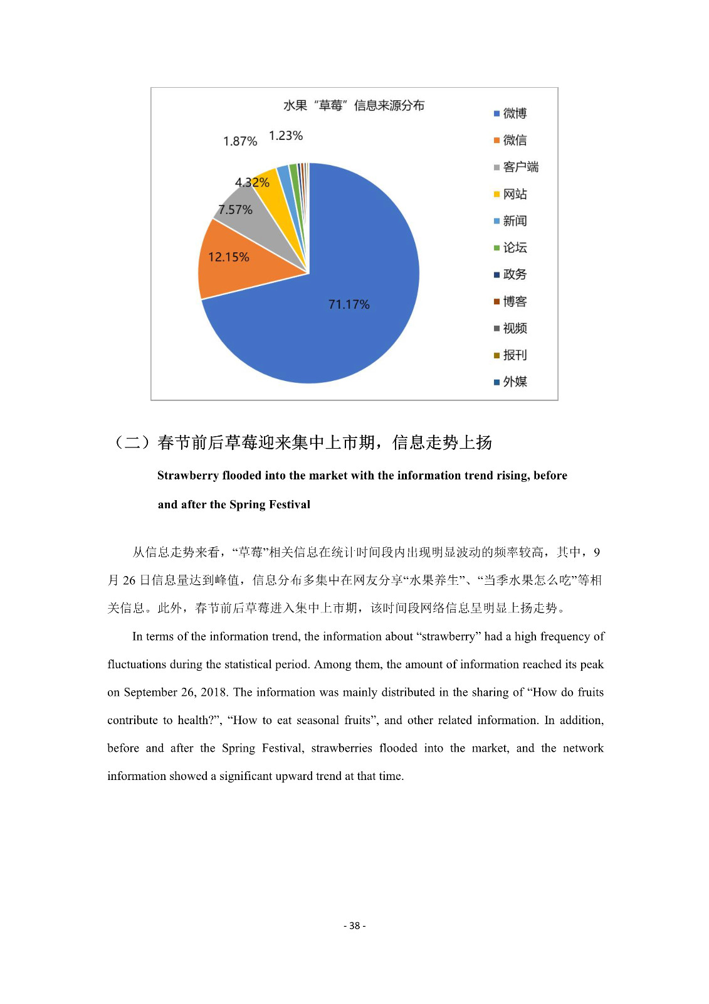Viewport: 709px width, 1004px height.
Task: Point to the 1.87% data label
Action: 240,141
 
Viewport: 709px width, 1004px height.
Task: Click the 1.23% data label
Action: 286,136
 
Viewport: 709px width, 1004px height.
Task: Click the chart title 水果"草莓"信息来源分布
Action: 354,105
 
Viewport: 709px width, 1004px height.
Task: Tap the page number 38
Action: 355,926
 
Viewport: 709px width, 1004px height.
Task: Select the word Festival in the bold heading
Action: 288,505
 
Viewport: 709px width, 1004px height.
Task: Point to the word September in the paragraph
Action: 150,692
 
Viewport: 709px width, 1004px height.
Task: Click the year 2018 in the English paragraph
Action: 214,692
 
